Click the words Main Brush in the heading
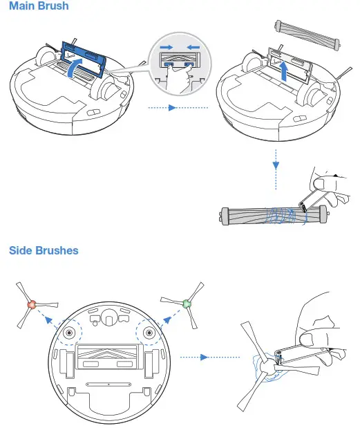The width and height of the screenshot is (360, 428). coord(39,7)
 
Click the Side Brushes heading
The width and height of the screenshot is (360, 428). coord(44,250)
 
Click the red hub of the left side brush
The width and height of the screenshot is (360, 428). coord(30,304)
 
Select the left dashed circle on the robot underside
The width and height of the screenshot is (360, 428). coord(69,333)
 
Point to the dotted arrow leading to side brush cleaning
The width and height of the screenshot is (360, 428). coord(195,357)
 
